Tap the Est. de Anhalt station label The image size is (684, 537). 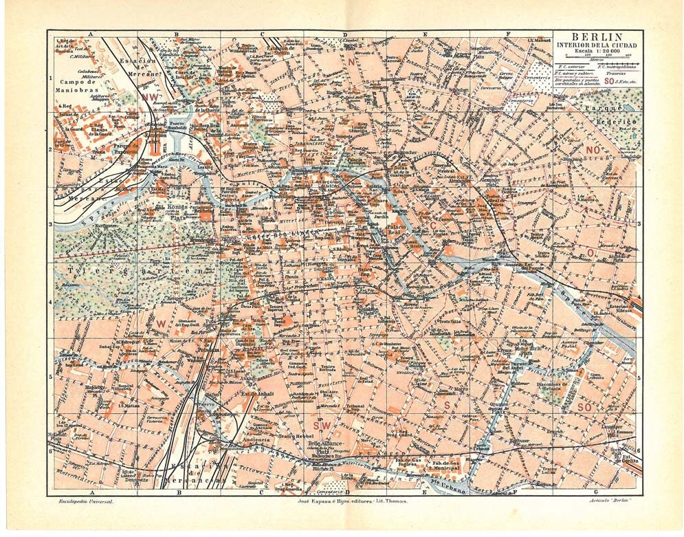254,393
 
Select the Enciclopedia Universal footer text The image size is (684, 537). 85,503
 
